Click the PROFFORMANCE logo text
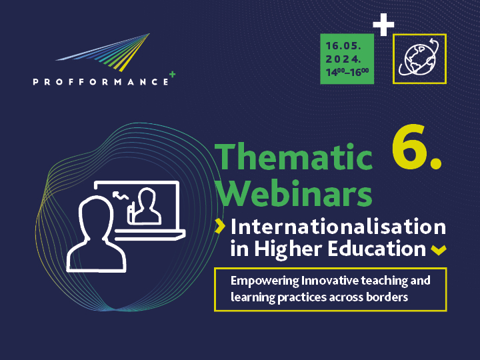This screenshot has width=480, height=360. click(100, 81)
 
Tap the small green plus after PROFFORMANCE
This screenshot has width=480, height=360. click(173, 75)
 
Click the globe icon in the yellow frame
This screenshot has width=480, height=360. click(419, 59)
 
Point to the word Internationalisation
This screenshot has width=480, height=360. click(338, 227)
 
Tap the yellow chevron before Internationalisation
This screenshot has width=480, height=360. click(219, 227)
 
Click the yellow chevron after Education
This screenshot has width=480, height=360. click(438, 251)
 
